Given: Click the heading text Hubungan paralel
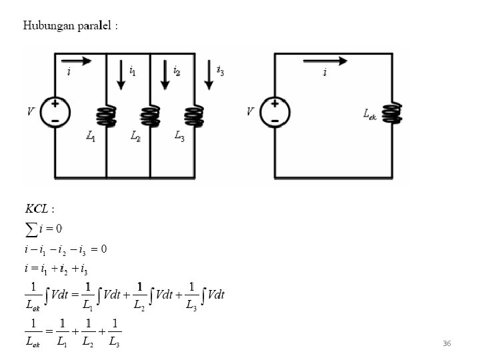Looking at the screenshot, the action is click(x=71, y=26).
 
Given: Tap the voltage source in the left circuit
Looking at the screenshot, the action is click(x=55, y=111).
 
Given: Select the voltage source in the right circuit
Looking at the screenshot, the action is click(x=275, y=111).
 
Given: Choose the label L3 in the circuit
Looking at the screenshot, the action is click(x=179, y=137).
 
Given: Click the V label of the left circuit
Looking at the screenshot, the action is click(x=31, y=112).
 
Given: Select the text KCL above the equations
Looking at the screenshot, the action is click(x=39, y=209).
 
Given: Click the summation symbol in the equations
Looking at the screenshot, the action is click(x=31, y=229).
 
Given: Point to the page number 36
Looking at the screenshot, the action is click(x=447, y=343).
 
